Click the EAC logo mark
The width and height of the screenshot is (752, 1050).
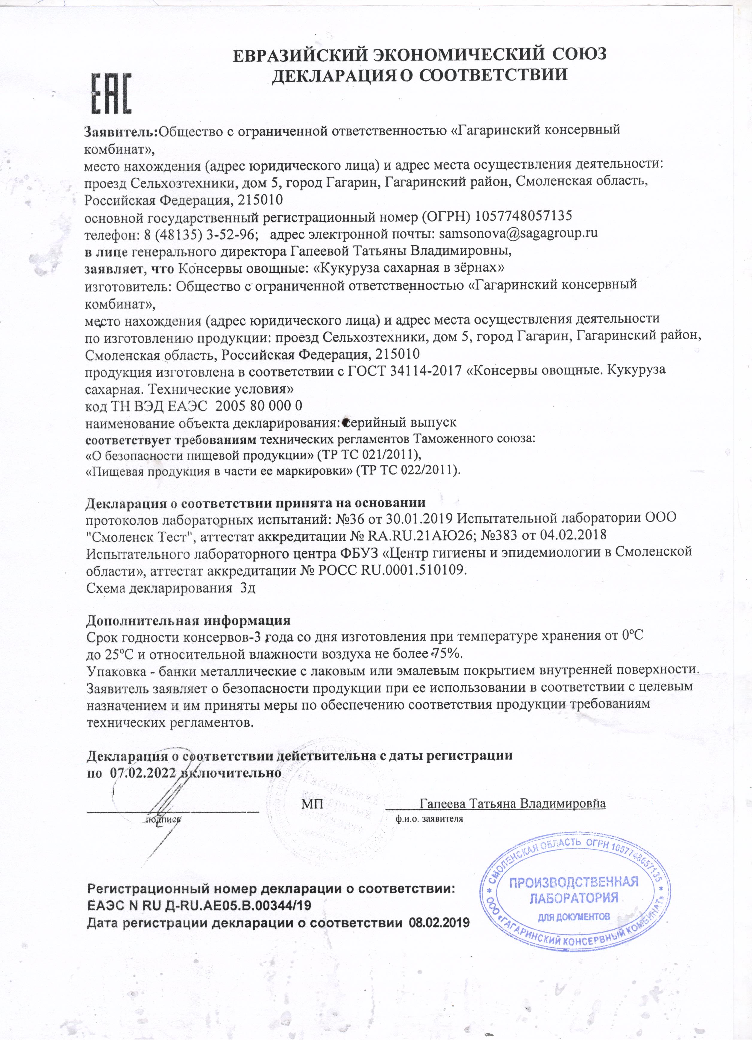pos(111,93)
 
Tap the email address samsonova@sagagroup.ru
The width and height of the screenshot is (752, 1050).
pos(518,233)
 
